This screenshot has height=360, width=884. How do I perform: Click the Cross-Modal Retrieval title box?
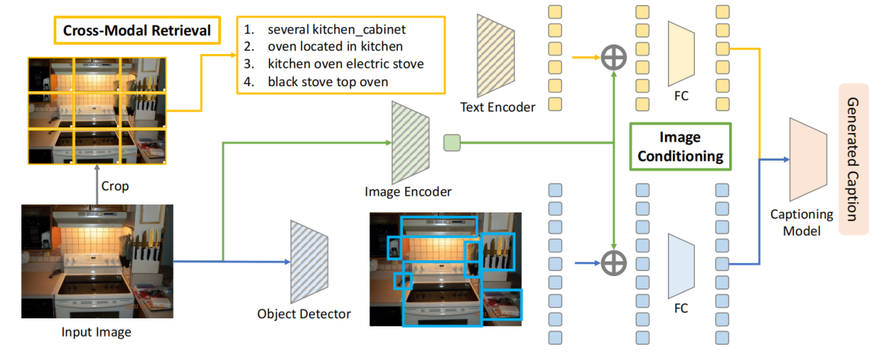(x=137, y=31)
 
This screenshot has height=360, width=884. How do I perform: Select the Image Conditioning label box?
(x=680, y=146)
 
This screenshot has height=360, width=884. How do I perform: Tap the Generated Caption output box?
(x=853, y=158)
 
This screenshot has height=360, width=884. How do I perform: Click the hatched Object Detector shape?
(x=304, y=261)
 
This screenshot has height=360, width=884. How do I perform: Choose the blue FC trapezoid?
(x=680, y=266)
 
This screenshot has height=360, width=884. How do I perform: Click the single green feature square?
(x=452, y=142)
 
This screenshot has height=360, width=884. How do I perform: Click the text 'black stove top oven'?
(x=328, y=82)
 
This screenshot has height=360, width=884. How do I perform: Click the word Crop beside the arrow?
(x=115, y=186)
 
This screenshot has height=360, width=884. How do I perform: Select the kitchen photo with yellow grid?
(x=97, y=110)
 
